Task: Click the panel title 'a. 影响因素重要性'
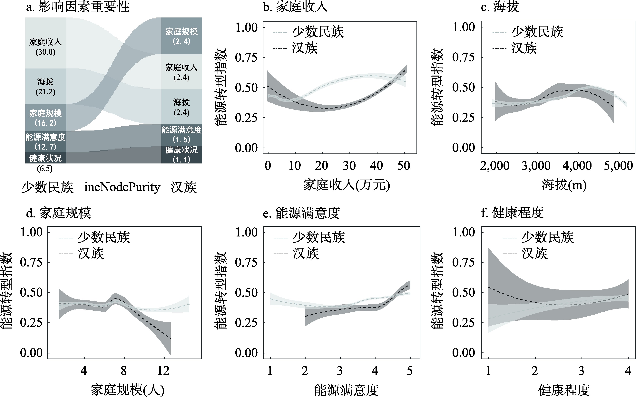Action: coord(78,7)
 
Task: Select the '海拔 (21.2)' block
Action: coord(45,86)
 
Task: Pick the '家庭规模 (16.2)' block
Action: coord(45,118)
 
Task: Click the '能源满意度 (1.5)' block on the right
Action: coord(181,135)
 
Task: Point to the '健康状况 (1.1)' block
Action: coord(181,155)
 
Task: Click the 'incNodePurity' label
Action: coord(122,187)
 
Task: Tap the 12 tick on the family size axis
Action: coord(164,371)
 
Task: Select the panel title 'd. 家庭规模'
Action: coord(59,213)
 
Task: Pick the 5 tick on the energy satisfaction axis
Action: coord(410,371)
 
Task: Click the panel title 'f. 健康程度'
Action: coord(512,213)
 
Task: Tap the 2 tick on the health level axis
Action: coord(535,371)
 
